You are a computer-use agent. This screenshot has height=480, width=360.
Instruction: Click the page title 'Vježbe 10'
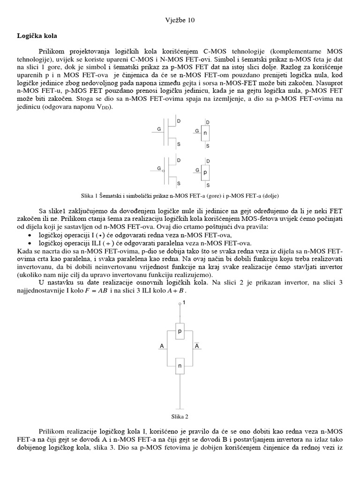pos(180,20)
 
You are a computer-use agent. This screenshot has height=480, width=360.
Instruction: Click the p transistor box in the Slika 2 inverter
pos(180,331)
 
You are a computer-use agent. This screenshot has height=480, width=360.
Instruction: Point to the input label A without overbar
pos(162,346)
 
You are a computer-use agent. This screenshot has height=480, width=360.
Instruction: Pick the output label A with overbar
pos(197,346)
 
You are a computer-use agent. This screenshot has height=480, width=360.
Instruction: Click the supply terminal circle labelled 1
pos(180,305)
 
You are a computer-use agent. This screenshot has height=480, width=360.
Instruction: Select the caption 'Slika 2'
pos(180,416)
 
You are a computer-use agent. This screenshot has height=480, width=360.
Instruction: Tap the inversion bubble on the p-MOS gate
pos(164,171)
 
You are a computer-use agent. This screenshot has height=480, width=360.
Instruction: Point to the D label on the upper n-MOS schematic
pos(179,121)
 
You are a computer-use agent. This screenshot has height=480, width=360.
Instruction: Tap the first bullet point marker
pos(30,235)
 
